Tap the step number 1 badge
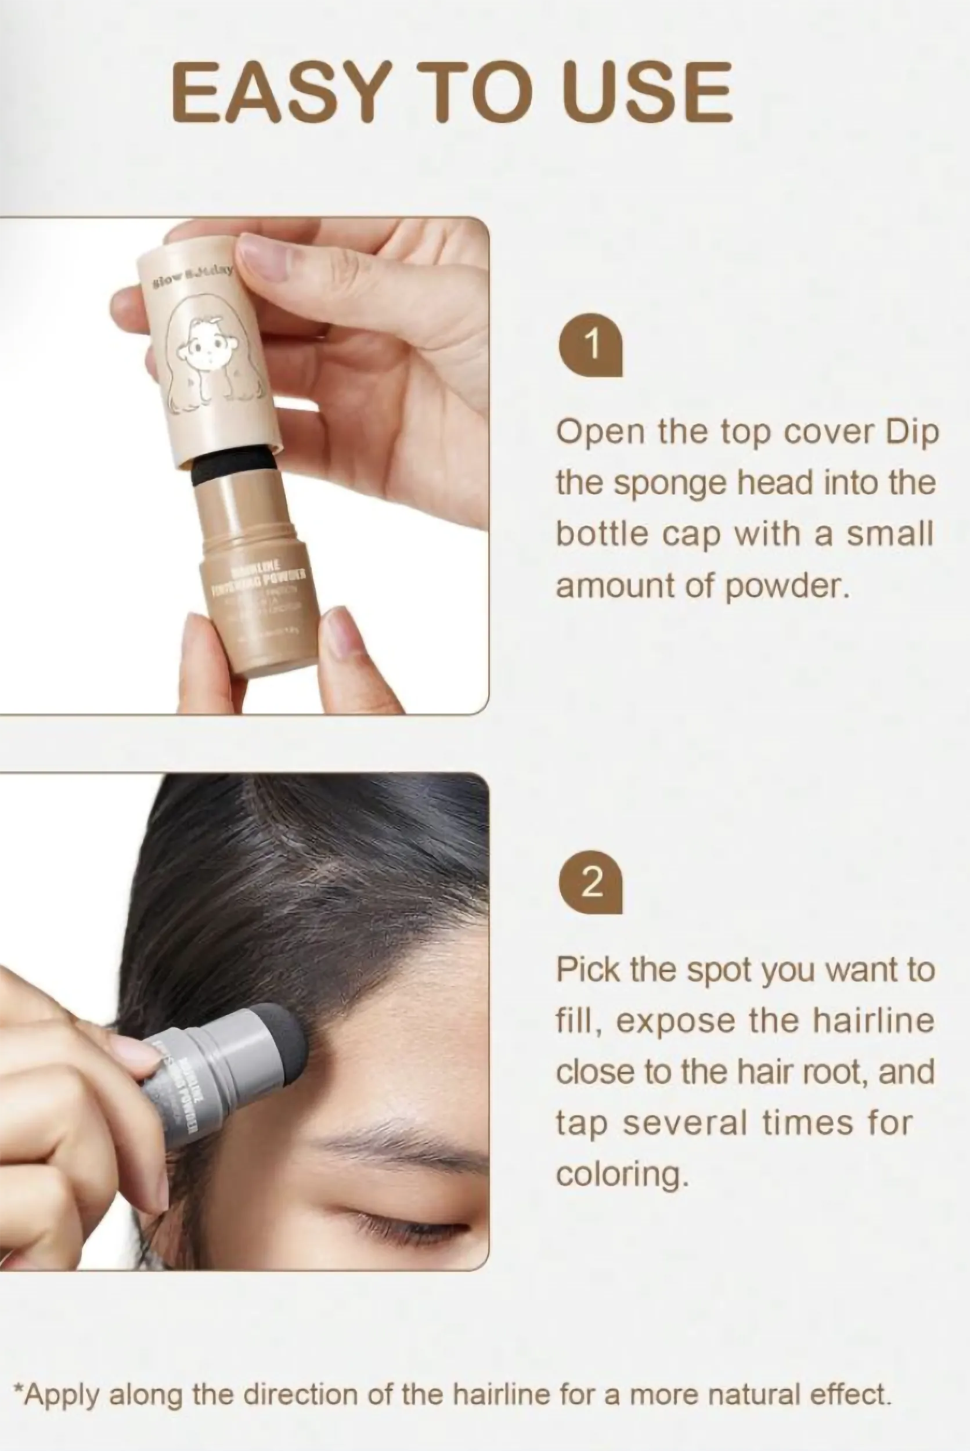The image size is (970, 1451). pos(591,345)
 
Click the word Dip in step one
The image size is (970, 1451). pos(913,432)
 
